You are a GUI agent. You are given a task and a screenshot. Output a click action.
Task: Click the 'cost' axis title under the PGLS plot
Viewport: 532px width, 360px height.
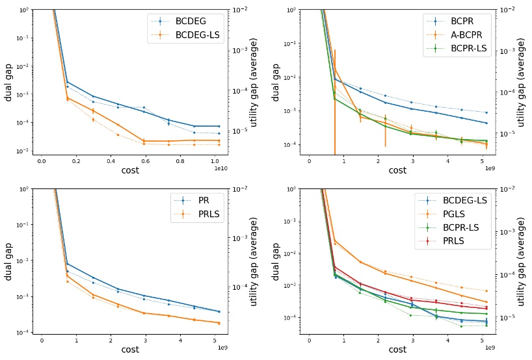tap(397, 349)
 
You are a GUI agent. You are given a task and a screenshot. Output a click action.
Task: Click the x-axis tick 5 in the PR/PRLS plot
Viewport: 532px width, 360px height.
tap(213, 339)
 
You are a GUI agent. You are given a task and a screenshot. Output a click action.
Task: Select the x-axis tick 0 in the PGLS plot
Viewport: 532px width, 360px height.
tap(309, 339)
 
